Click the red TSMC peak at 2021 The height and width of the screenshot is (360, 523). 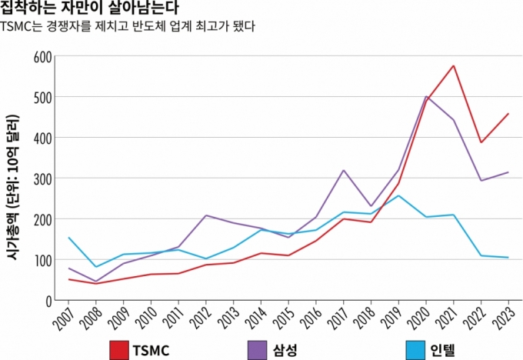pyautogui.click(x=454, y=65)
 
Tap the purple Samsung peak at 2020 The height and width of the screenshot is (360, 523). pyautogui.click(x=426, y=96)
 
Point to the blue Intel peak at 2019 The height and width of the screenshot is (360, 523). pyautogui.click(x=398, y=195)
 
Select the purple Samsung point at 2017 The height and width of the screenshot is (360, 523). pyautogui.click(x=343, y=170)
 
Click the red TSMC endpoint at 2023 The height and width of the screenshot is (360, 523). pyautogui.click(x=508, y=114)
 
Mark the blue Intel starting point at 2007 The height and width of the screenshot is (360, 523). pyautogui.click(x=68, y=238)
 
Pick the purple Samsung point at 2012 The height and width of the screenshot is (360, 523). pyautogui.click(x=206, y=215)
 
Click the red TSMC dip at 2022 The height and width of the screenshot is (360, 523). pyautogui.click(x=481, y=142)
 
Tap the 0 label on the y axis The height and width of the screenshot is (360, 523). pyautogui.click(x=48, y=301)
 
